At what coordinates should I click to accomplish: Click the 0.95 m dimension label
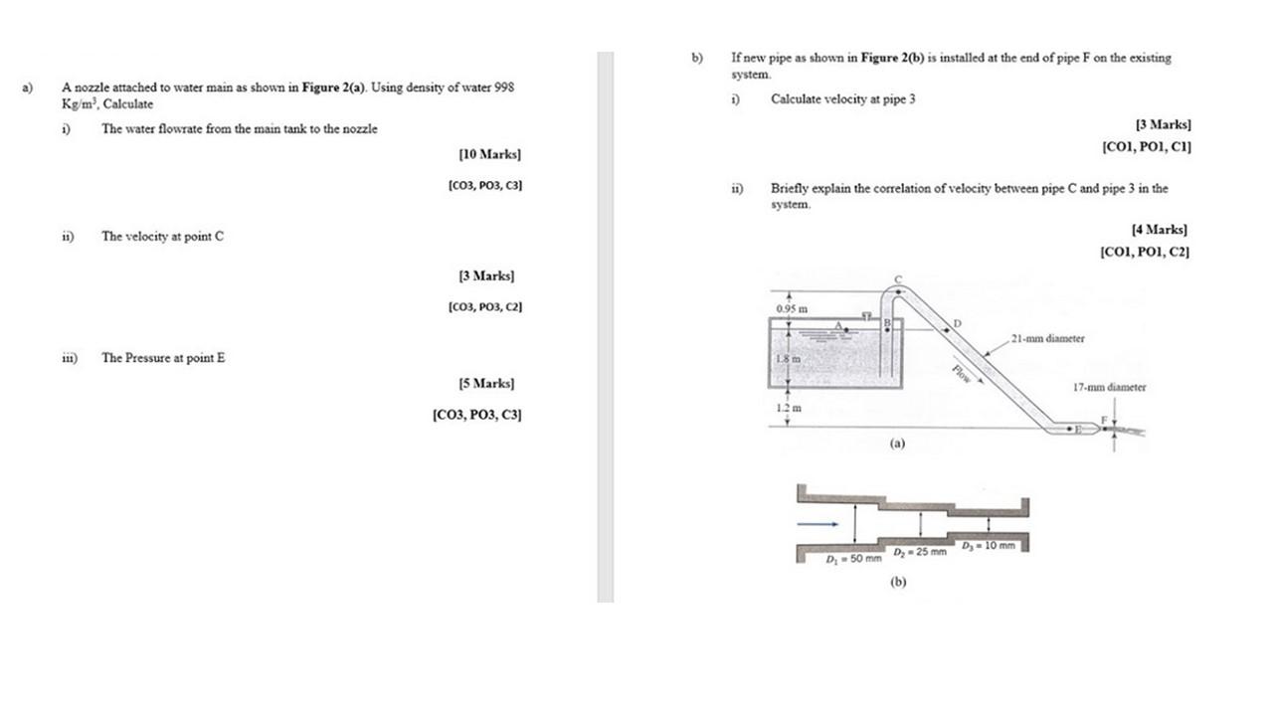pos(792,309)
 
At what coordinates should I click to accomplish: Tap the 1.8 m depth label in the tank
pos(789,359)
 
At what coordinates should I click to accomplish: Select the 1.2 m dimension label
pos(789,408)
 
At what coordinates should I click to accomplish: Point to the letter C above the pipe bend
pos(898,279)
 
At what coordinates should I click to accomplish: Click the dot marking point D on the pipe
pos(947,330)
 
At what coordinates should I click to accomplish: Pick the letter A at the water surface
pos(838,325)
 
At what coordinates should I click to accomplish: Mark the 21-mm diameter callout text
pos(1047,339)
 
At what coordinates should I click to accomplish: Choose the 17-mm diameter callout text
pos(1109,388)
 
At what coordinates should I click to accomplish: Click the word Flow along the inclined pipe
pos(961,373)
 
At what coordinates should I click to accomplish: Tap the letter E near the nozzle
pos(1078,430)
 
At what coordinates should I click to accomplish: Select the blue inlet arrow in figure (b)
pos(818,524)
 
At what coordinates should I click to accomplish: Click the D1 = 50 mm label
pos(853,559)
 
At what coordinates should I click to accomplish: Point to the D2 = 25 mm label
pos(920,552)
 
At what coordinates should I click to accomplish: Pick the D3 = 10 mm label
pos(989,546)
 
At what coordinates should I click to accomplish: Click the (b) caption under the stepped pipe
pos(898,582)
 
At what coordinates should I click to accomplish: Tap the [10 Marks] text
pos(490,154)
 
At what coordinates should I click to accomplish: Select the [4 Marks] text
pos(1160,230)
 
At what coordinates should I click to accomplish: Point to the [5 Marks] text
pos(486,384)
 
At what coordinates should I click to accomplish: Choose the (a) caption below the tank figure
pos(897,444)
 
